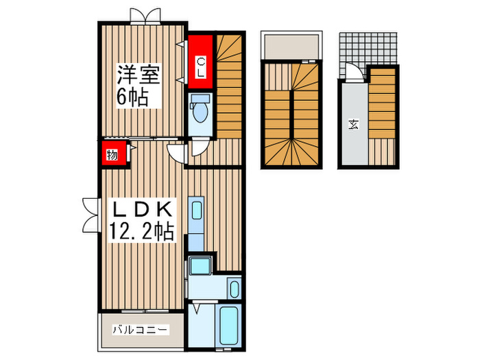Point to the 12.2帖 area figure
tap(142, 232)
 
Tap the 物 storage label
tap(112, 155)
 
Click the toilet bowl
tap(202, 110)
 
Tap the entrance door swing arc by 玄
tap(352, 72)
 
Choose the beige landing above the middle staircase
tap(291, 46)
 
